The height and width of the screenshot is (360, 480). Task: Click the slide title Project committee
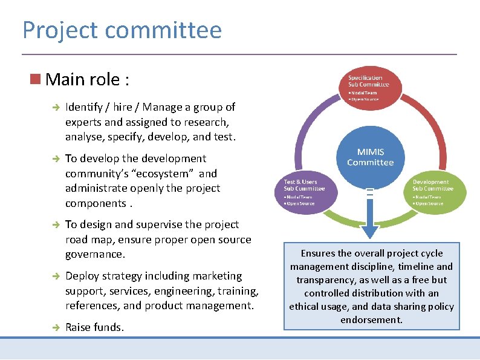point(122,30)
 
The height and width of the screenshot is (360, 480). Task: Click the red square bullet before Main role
point(36,79)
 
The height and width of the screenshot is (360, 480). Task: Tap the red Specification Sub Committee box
point(365,85)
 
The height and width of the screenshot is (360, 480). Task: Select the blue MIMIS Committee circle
point(370,157)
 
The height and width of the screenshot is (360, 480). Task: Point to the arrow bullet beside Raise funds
point(54,327)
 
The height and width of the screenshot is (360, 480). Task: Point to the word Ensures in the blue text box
point(320,254)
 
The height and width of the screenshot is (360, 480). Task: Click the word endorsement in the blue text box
point(371,319)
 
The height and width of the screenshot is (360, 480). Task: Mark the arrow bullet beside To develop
point(54,159)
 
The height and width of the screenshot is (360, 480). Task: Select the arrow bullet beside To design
point(54,224)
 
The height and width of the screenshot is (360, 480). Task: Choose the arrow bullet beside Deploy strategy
point(54,276)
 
